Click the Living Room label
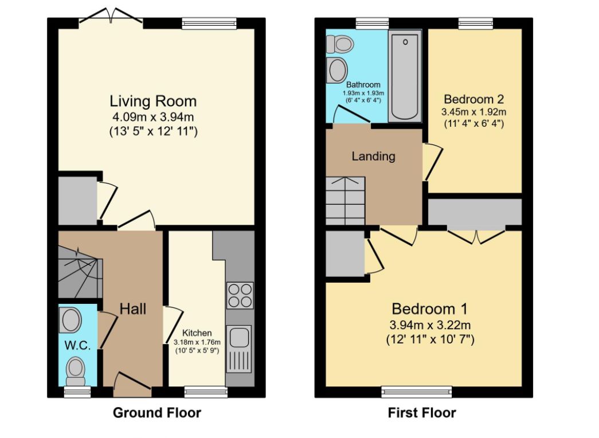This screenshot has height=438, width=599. tap(153, 101)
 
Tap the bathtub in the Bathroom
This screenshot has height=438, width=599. tap(405, 76)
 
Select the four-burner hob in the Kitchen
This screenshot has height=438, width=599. tap(240, 295)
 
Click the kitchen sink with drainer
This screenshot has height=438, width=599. tap(239, 349)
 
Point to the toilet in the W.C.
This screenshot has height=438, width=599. tap(75, 371)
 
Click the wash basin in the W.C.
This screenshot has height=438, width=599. tap(71, 320)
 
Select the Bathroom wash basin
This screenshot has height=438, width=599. tap(337, 71)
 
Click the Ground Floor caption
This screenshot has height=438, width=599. tap(157, 413)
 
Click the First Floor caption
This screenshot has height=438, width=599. tap(422, 413)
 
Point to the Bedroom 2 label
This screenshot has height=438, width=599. tap(473, 99)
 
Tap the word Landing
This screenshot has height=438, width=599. tap(373, 157)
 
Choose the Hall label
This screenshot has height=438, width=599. tap(133, 309)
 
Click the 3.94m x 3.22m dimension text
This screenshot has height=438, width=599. tap(430, 325)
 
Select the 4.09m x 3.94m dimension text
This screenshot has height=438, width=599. tap(153, 117)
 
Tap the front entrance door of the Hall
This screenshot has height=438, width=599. tap(132, 385)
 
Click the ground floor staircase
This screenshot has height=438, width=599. tap(80, 272)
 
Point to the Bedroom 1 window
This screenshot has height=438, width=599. tap(416, 392)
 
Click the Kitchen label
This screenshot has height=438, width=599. tap(197, 333)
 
